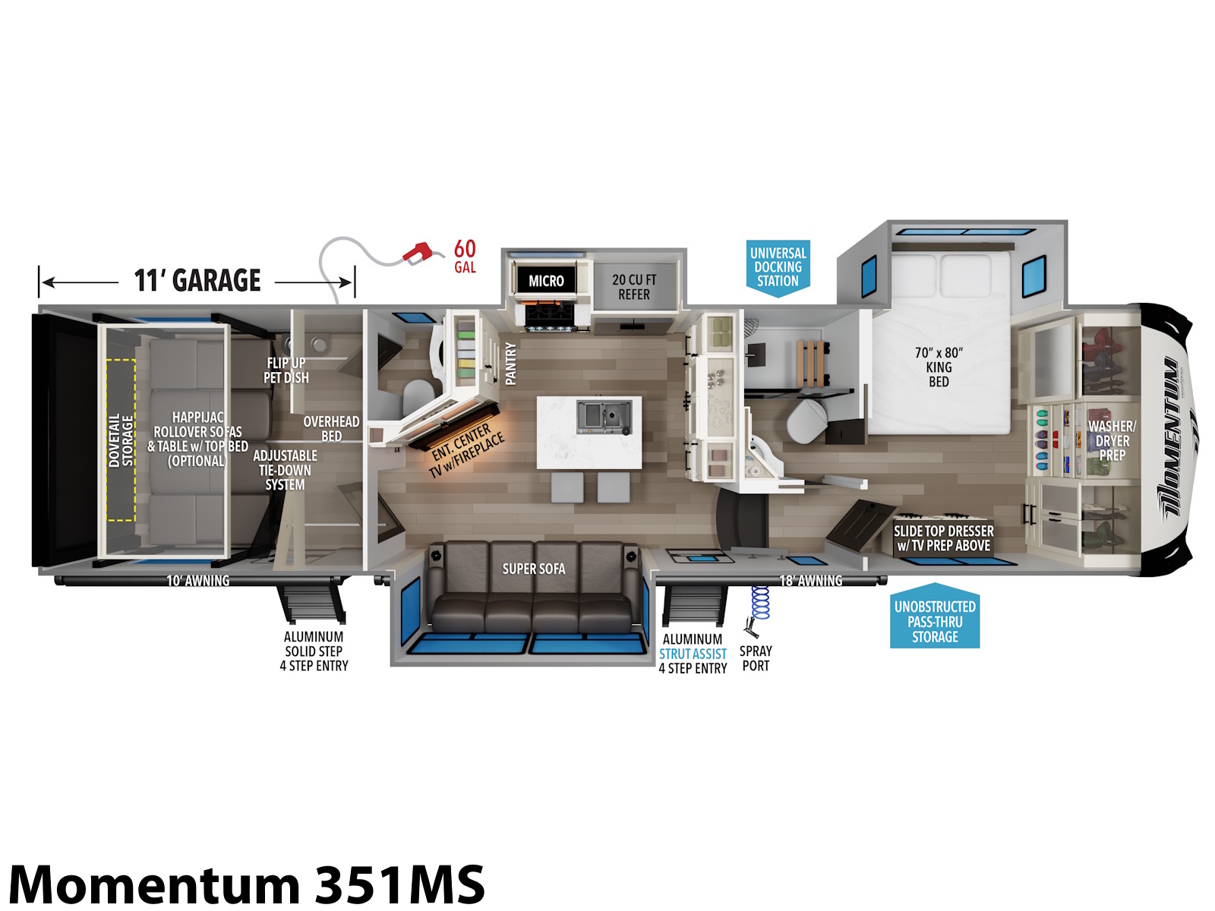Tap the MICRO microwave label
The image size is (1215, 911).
(545, 280)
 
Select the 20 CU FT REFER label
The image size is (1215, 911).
(633, 286)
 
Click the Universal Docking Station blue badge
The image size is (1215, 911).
(777, 268)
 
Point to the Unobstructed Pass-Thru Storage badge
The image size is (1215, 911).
(934, 616)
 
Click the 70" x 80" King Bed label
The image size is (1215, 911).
(938, 367)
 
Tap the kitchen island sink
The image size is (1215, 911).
(604, 417)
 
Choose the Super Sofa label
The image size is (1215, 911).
(533, 569)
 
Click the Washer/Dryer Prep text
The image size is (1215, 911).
(1112, 440)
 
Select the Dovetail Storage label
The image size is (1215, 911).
(121, 440)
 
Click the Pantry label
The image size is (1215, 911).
(510, 363)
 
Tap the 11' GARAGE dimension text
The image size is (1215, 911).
(197, 280)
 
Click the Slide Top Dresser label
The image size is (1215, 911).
(942, 537)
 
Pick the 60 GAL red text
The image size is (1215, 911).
(465, 256)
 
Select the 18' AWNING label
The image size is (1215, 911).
(810, 580)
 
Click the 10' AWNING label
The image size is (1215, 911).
(197, 580)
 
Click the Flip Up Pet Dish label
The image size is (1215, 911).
(286, 370)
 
